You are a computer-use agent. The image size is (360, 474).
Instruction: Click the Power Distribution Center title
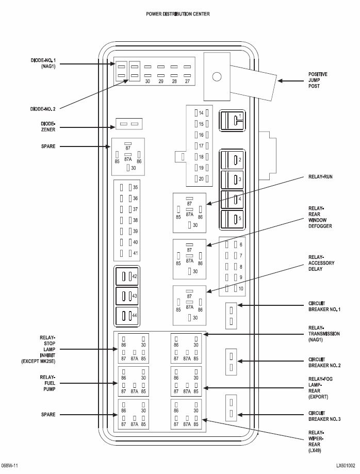pos(178,14)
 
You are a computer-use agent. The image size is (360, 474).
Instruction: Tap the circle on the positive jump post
pos(217,77)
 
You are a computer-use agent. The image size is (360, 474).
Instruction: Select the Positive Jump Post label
pos(318,80)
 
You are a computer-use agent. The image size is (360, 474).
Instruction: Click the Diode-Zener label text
pos(48,127)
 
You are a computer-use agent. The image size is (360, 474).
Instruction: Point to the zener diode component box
pos(129,124)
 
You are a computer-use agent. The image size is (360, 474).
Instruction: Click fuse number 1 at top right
pos(232,121)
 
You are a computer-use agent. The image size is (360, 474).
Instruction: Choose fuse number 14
pos(201,113)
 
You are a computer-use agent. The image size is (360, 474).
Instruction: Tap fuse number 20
pos(201,178)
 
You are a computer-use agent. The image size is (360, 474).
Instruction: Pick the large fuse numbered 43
pos(127,296)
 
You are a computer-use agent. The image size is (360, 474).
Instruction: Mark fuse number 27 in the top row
pos(187,74)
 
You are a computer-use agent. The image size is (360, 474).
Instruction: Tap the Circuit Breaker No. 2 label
pos(324,363)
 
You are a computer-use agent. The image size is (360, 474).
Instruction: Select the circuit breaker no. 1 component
pos(231,315)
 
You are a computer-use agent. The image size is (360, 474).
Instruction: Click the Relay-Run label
pos(320,176)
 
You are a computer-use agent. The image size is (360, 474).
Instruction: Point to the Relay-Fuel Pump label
pos(47,383)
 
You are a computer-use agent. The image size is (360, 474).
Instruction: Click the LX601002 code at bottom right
pos(346,466)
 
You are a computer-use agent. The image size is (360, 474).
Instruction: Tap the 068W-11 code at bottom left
pos(10,466)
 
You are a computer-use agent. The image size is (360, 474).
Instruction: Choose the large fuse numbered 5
pos(232,219)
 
